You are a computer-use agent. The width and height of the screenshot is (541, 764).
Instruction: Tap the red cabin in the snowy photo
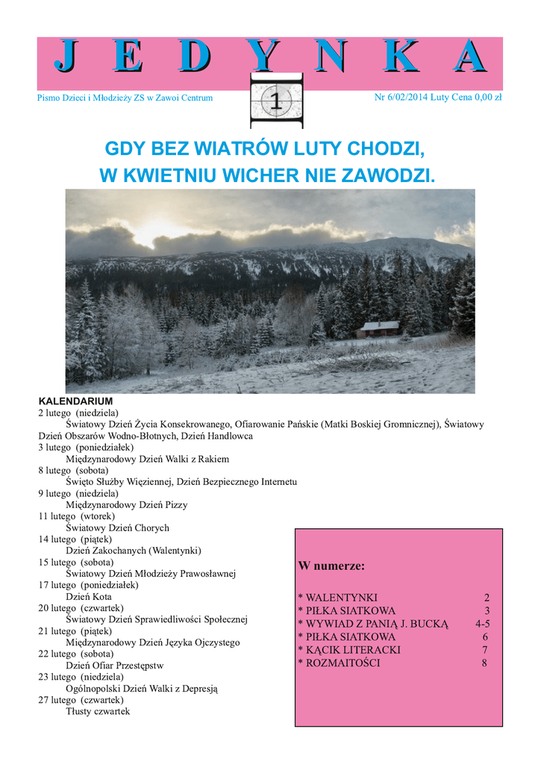pos(381,328)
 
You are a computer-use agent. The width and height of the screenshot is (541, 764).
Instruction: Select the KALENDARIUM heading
pos(75,401)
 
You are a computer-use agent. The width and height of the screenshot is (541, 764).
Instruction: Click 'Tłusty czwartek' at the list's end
pos(98,712)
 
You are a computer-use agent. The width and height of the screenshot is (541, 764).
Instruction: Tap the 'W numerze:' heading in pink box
pos(331,566)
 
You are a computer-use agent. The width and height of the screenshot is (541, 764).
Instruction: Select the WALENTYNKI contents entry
pos(337,598)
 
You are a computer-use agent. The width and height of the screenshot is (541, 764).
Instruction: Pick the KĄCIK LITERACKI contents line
pos(348,650)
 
